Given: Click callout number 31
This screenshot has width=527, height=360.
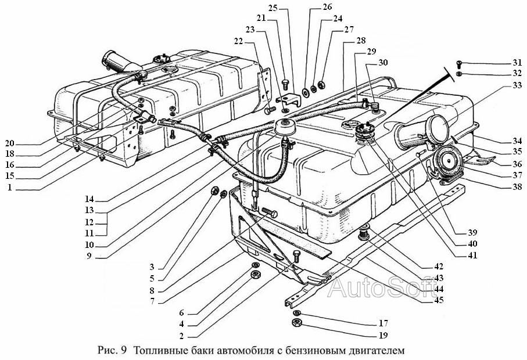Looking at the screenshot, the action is pos(517,63).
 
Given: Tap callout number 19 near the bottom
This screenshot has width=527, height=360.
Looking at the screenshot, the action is pos(383,335).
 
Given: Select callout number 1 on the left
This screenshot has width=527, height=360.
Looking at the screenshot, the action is pos(10,188).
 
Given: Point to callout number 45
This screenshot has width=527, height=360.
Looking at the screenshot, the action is pos(439,300).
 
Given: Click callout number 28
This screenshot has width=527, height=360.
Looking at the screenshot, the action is pos(361,41).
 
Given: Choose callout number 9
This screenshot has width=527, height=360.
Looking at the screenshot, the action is pos(89,256).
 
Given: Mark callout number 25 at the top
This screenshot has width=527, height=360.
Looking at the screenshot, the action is pos(273,8).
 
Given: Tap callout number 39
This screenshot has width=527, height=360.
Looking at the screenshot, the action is pos(472,233).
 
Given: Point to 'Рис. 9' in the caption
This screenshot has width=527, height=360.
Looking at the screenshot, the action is pos(112,351).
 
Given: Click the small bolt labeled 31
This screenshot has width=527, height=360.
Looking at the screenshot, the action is pos(459,64).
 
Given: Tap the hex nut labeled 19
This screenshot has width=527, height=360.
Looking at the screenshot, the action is pos(297,323).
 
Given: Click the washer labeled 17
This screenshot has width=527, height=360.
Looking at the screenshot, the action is pos(297,314).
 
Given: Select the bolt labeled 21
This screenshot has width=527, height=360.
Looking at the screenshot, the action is pos(286,84).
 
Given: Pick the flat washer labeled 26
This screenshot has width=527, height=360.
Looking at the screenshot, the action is pos(306,92).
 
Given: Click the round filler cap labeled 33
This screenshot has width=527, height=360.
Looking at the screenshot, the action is pos(438,129).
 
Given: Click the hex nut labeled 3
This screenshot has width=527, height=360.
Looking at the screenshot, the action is pos(214,191).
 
